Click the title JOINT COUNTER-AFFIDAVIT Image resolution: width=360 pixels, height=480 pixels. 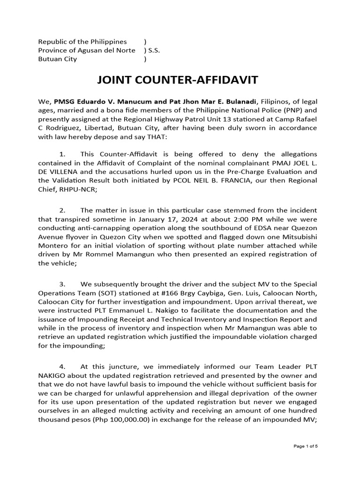pos(177,80)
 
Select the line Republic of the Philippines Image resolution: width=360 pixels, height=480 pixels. pos(82,42)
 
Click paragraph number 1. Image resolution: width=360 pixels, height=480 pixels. pos(63,154)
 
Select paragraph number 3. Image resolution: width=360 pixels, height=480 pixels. pos(63,285)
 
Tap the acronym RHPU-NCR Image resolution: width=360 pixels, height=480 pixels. pos(76,189)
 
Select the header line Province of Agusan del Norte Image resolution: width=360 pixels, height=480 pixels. pos(87,51)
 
